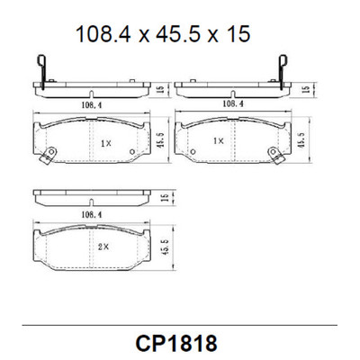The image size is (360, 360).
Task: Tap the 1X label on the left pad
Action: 105,143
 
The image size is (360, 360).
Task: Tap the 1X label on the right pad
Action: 219,141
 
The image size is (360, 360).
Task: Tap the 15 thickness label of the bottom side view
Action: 163,197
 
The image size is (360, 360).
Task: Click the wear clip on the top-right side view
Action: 282,69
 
